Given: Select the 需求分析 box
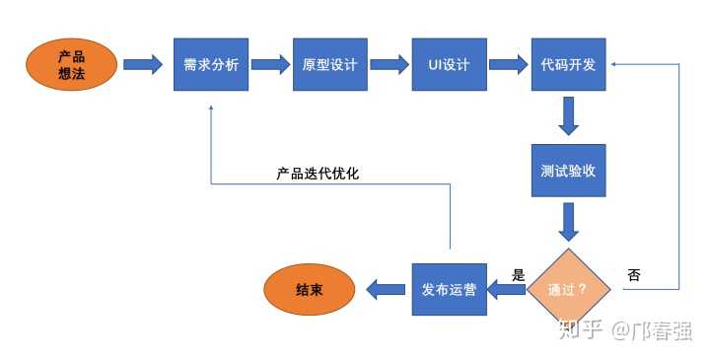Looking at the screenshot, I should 210,65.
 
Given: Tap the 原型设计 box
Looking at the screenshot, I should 330,65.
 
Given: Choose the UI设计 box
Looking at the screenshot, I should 449,65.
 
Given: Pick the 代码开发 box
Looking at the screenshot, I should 568,65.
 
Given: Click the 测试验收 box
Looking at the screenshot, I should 568,170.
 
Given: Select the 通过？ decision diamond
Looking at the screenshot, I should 568,289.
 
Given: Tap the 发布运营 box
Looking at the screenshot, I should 450,289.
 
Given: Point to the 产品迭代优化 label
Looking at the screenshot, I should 318,174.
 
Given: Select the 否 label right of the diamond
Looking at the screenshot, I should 633,275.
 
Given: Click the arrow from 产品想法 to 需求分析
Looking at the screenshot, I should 143,65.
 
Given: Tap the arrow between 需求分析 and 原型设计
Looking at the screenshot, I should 270,65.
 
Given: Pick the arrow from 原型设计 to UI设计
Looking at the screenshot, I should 389,65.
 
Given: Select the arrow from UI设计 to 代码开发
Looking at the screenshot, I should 508,65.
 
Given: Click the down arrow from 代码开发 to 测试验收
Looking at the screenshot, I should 568,116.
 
